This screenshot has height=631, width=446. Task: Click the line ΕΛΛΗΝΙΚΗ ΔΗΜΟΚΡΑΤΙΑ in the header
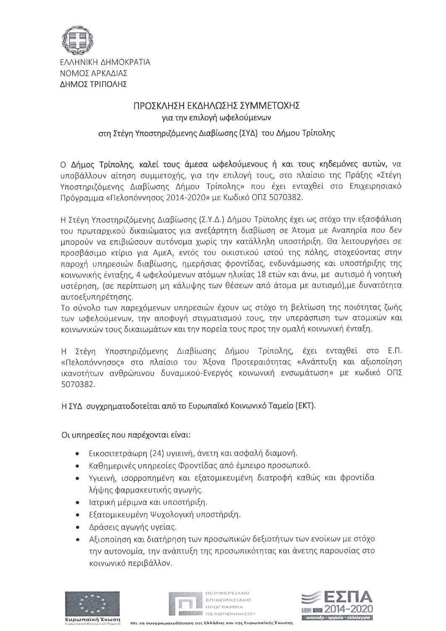click(x=106, y=62)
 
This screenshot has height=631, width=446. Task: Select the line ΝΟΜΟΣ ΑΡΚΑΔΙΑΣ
click(x=94, y=73)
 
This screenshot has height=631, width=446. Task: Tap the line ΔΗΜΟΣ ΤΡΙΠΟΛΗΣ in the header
click(x=93, y=84)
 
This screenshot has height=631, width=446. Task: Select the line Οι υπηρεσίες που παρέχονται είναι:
click(x=126, y=433)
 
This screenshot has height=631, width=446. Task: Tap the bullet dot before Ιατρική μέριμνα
click(x=78, y=502)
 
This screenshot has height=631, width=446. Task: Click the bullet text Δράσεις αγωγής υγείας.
click(x=133, y=527)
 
